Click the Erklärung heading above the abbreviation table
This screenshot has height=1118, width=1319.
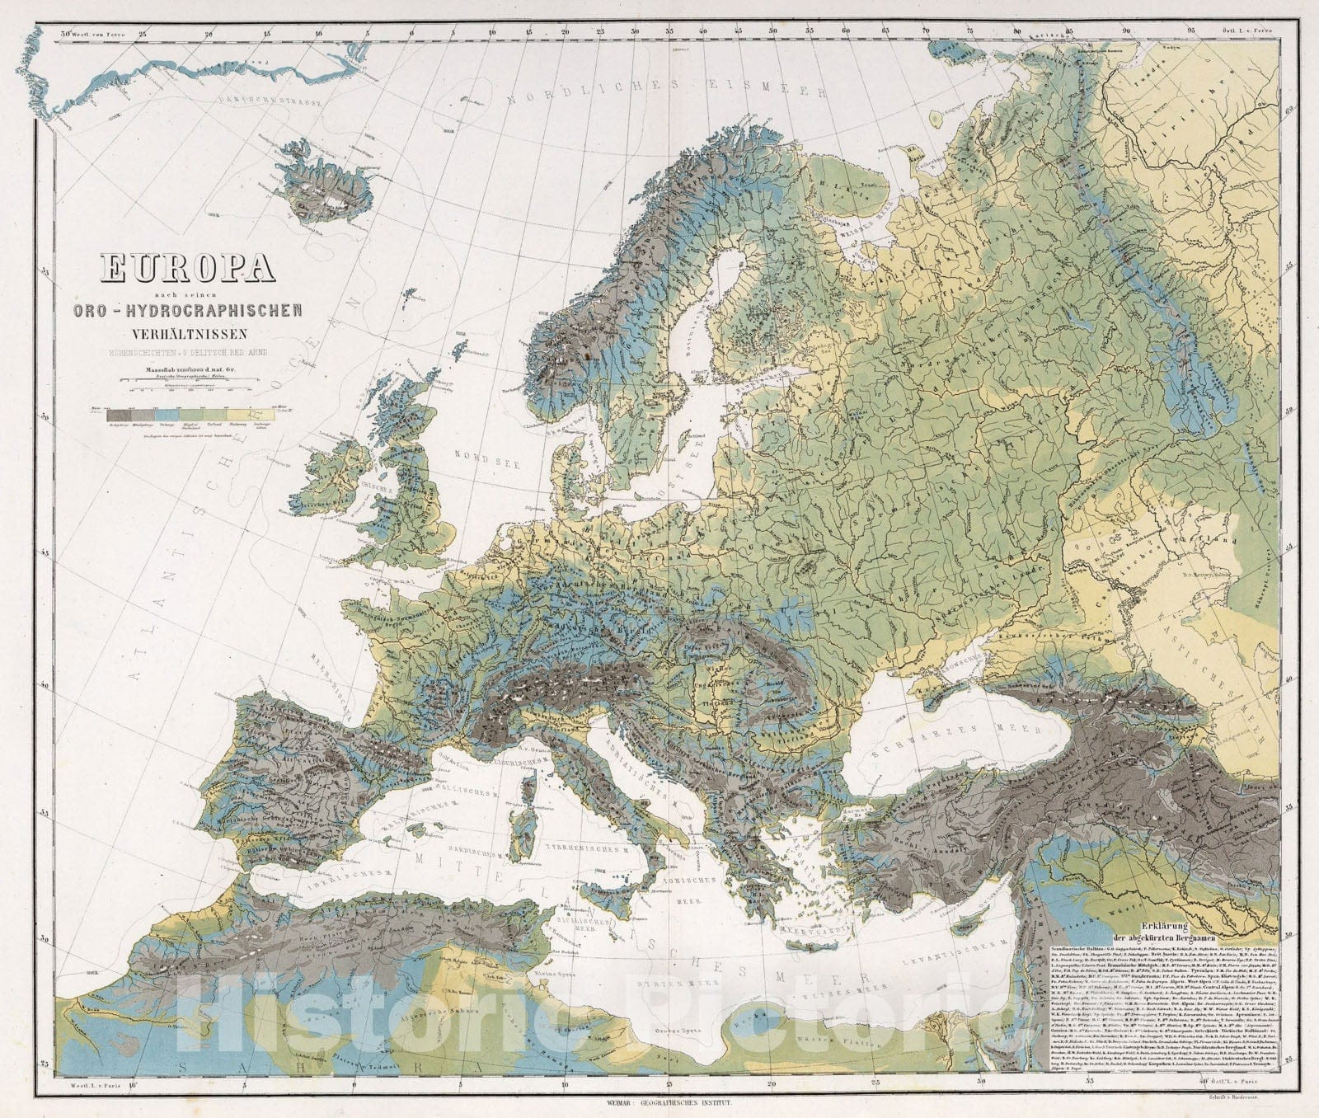(x=1163, y=926)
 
